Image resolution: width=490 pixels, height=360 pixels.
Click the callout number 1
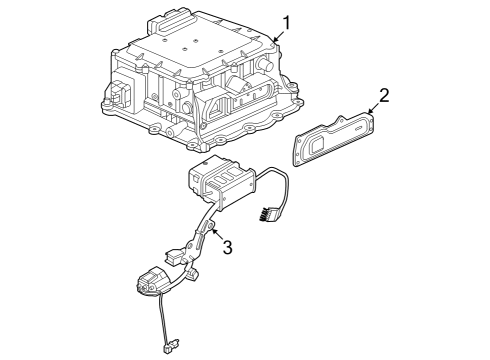coord(287,22)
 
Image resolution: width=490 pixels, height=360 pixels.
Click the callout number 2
coord(382,97)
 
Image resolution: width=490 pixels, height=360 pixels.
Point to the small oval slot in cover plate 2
coord(354,129)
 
